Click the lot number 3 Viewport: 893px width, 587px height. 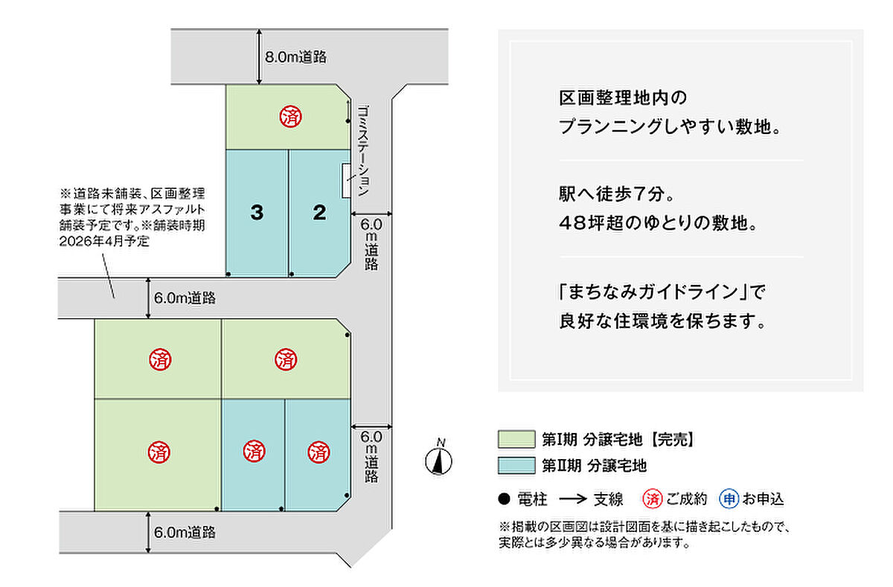257,214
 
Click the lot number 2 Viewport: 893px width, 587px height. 319,214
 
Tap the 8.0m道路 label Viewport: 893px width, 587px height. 296,57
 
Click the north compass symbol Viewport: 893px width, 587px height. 440,461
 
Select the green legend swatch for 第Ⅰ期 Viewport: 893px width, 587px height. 516,439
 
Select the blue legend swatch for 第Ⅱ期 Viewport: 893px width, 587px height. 516,466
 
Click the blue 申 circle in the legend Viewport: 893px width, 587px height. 729,498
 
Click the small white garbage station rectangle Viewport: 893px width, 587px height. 346,180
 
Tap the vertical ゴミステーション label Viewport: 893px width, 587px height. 363,150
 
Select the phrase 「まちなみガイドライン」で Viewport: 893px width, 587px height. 662,292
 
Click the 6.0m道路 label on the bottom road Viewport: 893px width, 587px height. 185,532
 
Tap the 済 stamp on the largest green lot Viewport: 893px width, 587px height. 159,451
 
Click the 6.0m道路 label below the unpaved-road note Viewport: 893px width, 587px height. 185,298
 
